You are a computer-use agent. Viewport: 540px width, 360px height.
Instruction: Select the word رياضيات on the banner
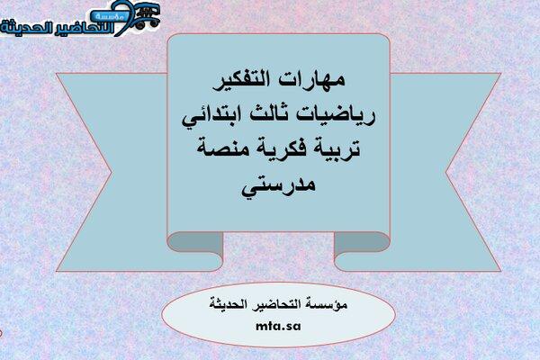pyautogui.click(x=335, y=114)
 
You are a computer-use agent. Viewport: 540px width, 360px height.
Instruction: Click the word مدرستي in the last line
pyautogui.click(x=278, y=186)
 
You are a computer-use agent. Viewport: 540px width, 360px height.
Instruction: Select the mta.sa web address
pyautogui.click(x=278, y=326)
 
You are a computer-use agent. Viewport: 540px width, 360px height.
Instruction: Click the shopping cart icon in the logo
pyautogui.click(x=148, y=16)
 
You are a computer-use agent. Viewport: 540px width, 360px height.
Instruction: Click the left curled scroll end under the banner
pyautogui.click(x=195, y=247)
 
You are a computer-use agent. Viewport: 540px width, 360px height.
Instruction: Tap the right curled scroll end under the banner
pyautogui.click(x=362, y=247)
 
